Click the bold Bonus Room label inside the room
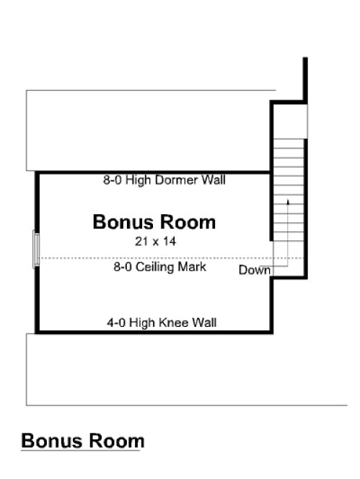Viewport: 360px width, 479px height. point(154,222)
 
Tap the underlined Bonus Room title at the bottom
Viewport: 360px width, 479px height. point(82,441)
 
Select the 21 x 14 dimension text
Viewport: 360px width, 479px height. point(155,242)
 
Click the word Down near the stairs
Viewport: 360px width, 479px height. point(255,271)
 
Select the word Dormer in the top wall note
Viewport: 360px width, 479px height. point(170,180)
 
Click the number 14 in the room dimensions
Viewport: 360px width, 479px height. point(170,242)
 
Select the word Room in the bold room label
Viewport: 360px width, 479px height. point(189,222)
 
